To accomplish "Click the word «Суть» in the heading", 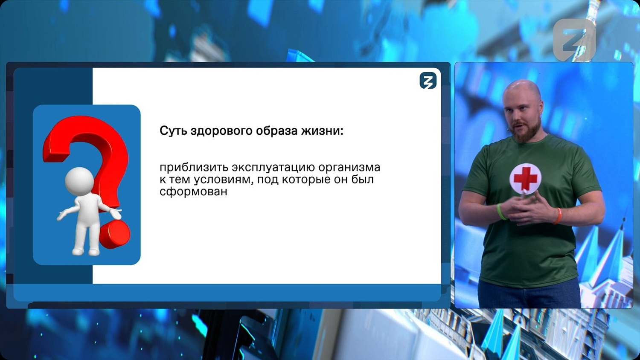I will tap(173, 131).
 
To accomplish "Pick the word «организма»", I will tap(349, 167).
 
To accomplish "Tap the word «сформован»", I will tap(193, 192).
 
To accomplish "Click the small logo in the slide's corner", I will tap(428, 81).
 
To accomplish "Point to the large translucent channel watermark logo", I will tap(574, 40).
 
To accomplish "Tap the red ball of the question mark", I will tap(115, 234).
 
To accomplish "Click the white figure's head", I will tap(79, 181).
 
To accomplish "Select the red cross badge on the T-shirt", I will tap(526, 178).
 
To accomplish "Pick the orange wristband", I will tap(558, 216).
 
